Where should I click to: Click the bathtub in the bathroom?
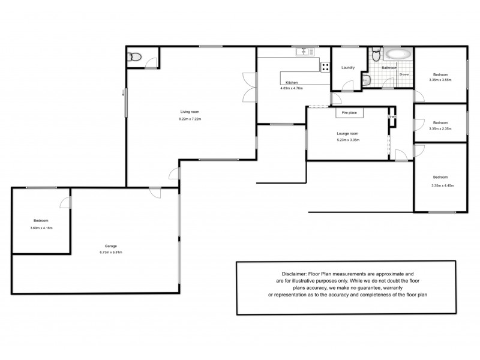398,55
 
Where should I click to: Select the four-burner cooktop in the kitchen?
325,67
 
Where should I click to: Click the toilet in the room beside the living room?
135,57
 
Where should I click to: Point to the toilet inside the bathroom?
376,56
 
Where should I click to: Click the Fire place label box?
349,113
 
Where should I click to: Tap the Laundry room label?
348,68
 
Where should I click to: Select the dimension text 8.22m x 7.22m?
190,119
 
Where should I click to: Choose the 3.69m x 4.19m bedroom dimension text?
41,228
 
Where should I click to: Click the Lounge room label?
348,133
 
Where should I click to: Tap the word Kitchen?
292,82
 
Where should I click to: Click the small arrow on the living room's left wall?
123,92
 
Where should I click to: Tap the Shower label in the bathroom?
404,74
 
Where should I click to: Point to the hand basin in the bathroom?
365,78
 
